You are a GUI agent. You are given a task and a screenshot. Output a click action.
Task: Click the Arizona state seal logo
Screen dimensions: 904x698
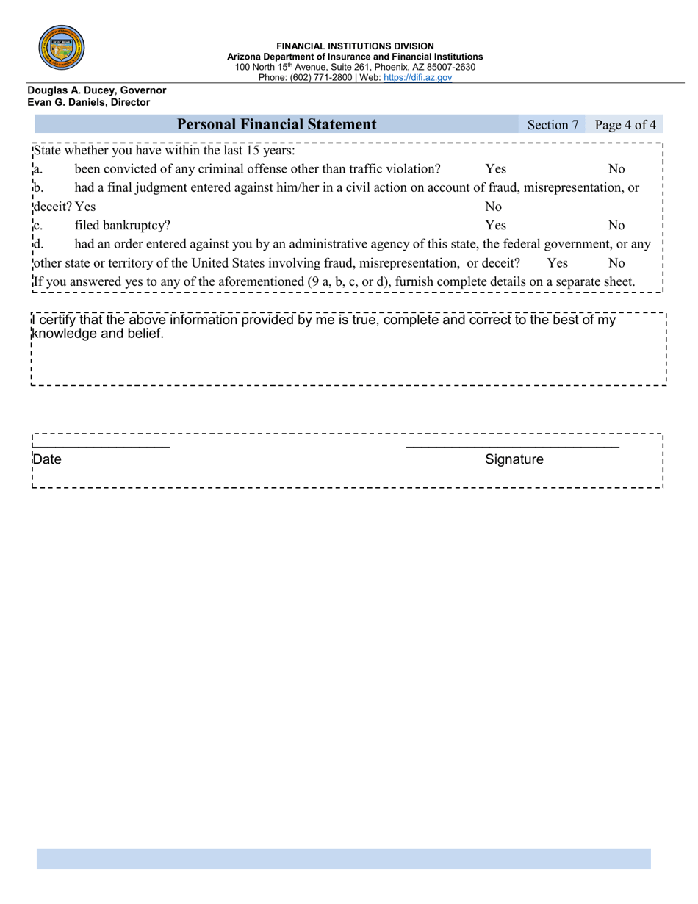61,47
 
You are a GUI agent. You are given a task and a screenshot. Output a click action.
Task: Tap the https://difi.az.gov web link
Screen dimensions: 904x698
417,77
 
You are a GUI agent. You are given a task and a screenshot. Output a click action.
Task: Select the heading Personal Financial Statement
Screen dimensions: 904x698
277,125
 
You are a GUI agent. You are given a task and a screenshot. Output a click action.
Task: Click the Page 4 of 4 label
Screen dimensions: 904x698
625,125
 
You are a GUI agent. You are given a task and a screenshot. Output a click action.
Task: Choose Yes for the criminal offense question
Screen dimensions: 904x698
496,169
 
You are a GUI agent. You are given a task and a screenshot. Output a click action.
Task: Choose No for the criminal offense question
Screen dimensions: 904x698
616,169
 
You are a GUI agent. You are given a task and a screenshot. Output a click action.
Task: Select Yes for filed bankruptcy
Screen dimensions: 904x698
496,225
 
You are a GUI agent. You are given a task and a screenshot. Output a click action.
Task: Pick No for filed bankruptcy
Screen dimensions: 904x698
616,225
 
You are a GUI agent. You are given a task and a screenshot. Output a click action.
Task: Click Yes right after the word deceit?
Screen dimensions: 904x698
85,207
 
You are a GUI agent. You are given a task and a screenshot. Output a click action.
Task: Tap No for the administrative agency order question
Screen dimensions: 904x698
616,262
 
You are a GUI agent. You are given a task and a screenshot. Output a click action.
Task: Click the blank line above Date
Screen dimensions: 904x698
101,446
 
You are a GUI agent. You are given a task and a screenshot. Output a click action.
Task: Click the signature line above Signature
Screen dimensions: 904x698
512,446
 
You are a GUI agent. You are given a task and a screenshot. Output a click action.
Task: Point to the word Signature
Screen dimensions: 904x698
514,460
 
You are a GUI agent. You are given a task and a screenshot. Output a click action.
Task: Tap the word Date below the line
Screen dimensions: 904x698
48,460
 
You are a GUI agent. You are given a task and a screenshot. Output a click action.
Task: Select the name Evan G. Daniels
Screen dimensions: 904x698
68,103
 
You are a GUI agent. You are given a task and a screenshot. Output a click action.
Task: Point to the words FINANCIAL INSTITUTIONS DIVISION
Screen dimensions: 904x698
355,46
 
